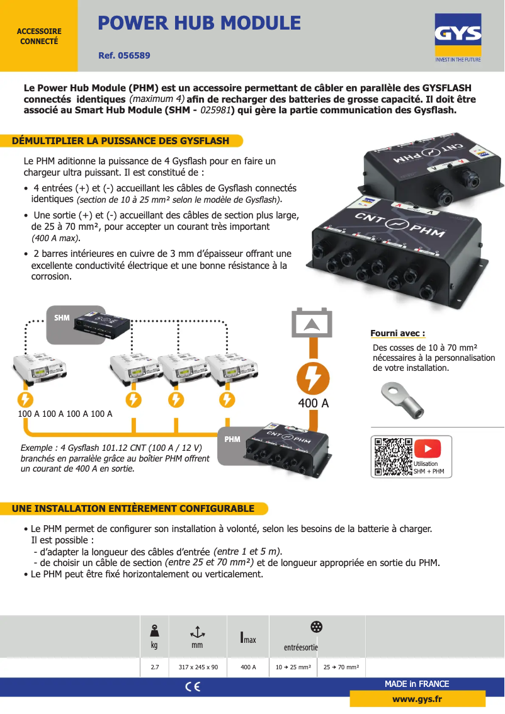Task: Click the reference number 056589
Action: pos(124,55)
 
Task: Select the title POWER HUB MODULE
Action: pos(199,23)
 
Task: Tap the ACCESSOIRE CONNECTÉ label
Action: pos(39,36)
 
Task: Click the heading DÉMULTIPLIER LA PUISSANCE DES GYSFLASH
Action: pos(121,140)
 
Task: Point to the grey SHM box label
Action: pos(62,318)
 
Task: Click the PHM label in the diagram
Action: pos(232,439)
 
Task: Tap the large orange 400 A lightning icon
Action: pos(313,378)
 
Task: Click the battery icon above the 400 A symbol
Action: pos(313,323)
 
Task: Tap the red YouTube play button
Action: pos(428,449)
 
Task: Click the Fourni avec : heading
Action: pos(397,333)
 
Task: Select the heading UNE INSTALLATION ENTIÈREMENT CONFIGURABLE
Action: pos(133,508)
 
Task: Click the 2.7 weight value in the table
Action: pos(154,667)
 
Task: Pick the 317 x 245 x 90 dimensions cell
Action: pos(198,667)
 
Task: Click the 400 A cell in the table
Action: pos(248,667)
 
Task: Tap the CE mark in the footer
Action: pos(193,687)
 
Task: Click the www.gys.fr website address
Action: pos(417,699)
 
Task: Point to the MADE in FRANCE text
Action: pos(417,684)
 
